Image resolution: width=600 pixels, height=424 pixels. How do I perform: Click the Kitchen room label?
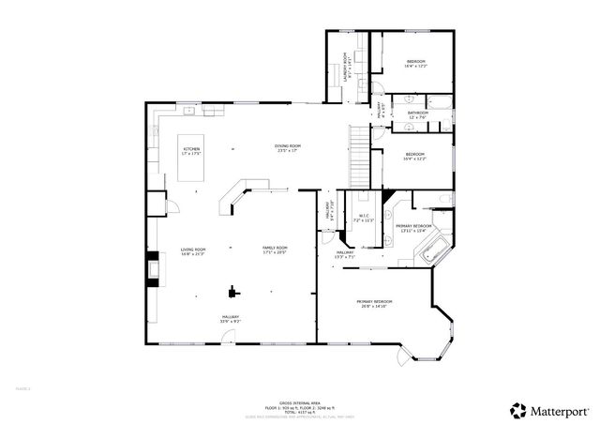pos(191,151)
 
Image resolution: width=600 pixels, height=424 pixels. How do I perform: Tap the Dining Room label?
pos(288,148)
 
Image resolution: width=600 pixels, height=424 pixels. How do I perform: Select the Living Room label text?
pos(193,250)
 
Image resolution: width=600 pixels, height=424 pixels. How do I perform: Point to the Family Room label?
pos(274,250)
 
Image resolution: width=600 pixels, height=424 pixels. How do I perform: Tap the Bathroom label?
pos(418,114)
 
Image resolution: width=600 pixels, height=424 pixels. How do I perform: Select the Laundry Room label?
pos(346,68)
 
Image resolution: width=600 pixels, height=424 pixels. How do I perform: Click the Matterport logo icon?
pos(517,409)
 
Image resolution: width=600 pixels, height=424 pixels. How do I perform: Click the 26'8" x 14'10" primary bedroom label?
pos(372,303)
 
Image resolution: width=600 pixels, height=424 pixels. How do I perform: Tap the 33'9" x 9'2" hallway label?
pos(230,319)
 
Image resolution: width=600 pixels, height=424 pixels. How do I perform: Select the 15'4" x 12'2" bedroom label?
pos(415,156)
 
